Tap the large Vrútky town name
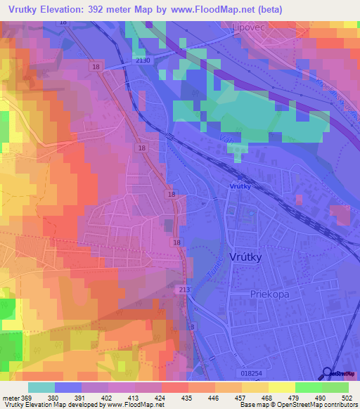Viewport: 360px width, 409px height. point(245,257)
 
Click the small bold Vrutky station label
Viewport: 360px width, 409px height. point(240,186)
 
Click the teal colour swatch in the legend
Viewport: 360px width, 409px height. point(41,387)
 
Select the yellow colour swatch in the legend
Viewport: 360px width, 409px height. point(281,387)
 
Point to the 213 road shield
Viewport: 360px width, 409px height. point(185,290)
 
